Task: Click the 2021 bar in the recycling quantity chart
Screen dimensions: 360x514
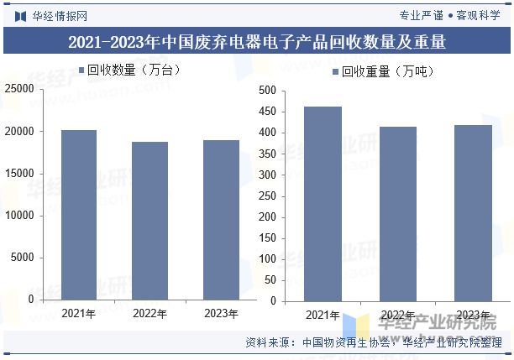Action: click(x=78, y=215)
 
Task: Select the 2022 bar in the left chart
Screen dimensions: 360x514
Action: click(x=149, y=221)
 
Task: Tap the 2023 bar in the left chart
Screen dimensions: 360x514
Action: click(x=221, y=220)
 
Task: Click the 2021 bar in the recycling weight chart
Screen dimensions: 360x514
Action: click(x=323, y=204)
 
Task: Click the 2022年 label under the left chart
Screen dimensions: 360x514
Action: click(x=149, y=313)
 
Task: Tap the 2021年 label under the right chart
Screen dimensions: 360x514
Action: click(x=323, y=316)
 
